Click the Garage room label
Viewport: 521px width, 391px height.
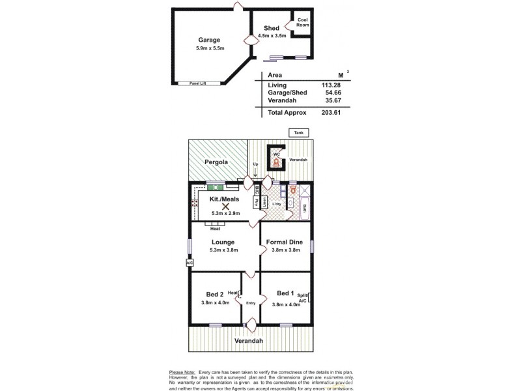[x=204, y=40]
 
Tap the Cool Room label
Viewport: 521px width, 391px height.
[x=303, y=22]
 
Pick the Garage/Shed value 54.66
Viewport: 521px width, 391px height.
[x=331, y=94]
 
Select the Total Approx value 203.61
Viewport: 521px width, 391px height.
[x=331, y=112]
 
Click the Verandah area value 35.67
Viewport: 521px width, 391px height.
[x=331, y=102]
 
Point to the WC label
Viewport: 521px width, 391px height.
[x=276, y=154]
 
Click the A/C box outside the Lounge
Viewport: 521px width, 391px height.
[x=190, y=263]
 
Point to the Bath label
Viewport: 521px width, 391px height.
[x=305, y=209]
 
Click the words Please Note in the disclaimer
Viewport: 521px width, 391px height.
[x=182, y=371]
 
